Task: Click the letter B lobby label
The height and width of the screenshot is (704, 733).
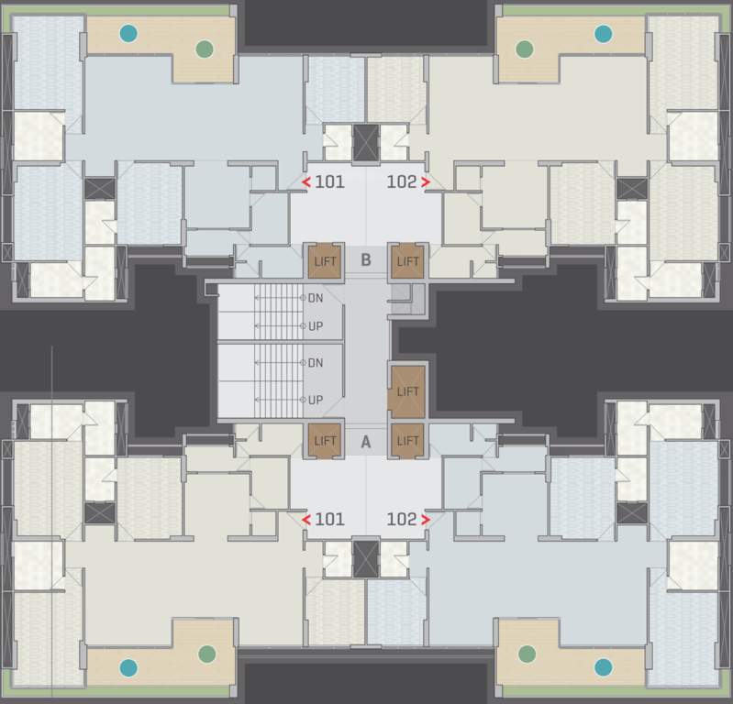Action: [365, 260]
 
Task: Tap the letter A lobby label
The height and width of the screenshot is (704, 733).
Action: [365, 441]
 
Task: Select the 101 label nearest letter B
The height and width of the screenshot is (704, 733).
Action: [329, 181]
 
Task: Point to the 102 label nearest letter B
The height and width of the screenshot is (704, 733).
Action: [402, 181]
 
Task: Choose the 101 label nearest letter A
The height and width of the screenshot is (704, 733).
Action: [329, 519]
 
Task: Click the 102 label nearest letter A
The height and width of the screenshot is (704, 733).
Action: [402, 519]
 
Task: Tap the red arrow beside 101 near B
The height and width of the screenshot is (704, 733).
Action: [306, 182]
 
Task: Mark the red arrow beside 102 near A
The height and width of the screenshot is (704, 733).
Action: [426, 520]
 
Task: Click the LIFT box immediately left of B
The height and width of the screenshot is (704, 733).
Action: [325, 261]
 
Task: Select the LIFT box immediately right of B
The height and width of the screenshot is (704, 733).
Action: [407, 261]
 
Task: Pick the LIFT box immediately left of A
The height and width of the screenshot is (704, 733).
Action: [325, 441]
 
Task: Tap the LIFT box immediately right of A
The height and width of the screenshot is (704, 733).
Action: [407, 441]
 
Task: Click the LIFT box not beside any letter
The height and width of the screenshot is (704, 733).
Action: [407, 391]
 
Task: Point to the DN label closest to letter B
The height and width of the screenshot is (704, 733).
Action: [316, 298]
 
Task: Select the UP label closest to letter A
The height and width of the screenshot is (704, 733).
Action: [316, 400]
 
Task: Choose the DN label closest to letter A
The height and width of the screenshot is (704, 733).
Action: [316, 363]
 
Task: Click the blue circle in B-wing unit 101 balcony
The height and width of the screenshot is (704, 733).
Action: [128, 34]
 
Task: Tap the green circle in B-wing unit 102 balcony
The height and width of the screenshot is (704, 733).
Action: [525, 48]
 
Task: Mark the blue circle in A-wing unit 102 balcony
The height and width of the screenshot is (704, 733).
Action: [603, 666]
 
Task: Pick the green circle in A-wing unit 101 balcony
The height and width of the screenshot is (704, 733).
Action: [207, 654]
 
